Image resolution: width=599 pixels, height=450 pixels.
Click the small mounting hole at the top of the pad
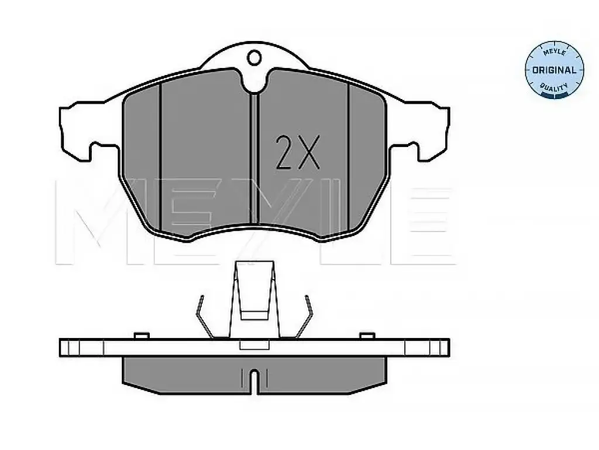[254, 58]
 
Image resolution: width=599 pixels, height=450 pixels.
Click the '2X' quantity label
[298, 152]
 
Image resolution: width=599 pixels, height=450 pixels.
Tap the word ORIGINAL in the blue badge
[554, 70]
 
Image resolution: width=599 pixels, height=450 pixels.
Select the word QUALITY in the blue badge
[555, 88]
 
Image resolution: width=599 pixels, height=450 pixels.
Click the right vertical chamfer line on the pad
[349, 157]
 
